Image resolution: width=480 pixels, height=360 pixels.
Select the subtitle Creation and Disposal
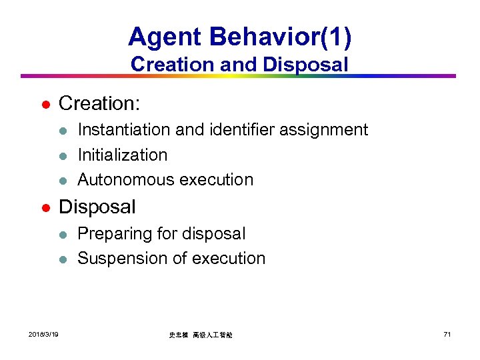coord(239,65)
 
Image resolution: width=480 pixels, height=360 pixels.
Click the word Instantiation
coord(119,129)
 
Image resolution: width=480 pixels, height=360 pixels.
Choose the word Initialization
coord(123,155)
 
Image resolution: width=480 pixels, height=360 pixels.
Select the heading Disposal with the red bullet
coord(97,207)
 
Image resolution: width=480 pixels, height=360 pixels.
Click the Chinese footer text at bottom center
coord(200,335)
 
